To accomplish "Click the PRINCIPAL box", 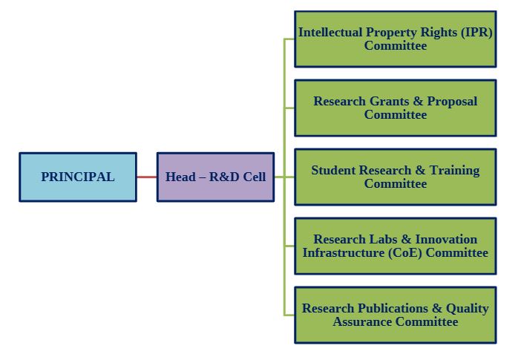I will point(78,177).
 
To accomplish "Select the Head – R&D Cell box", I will point(215,177).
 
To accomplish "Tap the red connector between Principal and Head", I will point(147,177).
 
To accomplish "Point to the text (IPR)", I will point(476,33).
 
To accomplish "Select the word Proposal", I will point(450,102).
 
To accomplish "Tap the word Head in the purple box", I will point(180,177).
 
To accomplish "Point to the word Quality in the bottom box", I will point(468,309).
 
